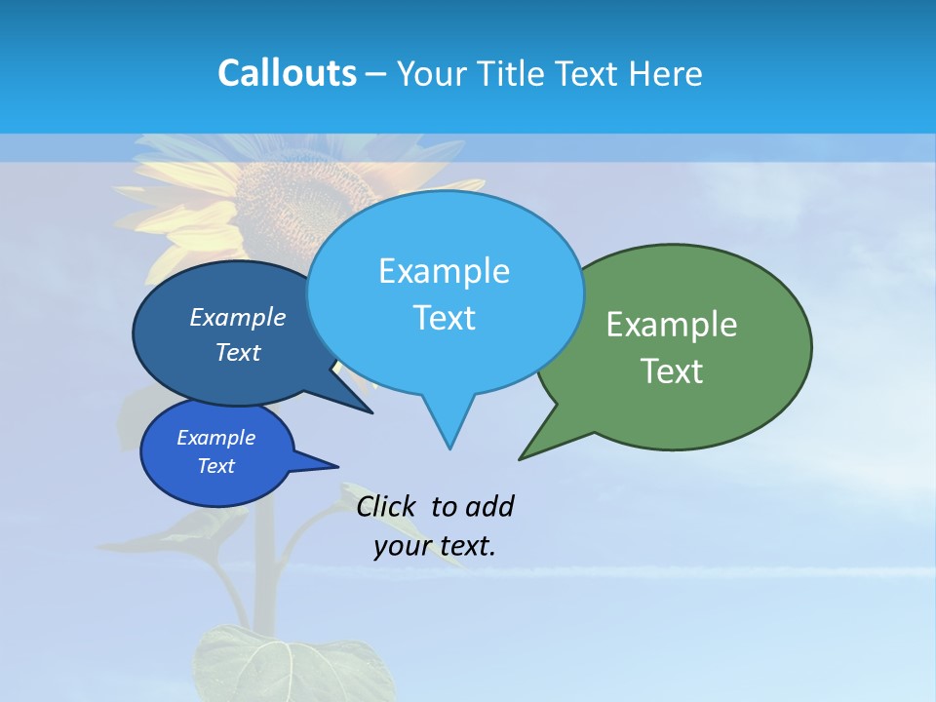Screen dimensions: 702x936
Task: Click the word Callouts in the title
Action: [287, 73]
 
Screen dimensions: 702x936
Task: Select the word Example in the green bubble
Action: [672, 325]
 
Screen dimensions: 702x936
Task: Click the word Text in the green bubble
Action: [672, 371]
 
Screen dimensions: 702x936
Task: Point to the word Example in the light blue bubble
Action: [444, 271]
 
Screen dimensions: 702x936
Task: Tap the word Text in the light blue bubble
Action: [444, 318]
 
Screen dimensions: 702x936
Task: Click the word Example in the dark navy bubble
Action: [237, 318]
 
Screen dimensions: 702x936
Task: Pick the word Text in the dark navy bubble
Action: [237, 353]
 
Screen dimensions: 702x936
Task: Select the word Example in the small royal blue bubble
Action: [215, 438]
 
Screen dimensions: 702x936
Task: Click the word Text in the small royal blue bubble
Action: [215, 466]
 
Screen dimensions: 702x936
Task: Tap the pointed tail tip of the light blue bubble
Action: [449, 448]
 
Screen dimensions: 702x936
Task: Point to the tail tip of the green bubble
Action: [521, 457]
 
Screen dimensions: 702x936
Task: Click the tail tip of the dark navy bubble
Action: [371, 412]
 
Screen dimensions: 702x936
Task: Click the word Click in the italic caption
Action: [386, 506]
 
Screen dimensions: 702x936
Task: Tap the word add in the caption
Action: [489, 506]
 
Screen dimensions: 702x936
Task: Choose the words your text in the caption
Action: [435, 546]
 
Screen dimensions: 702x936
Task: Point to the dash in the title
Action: [377, 74]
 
